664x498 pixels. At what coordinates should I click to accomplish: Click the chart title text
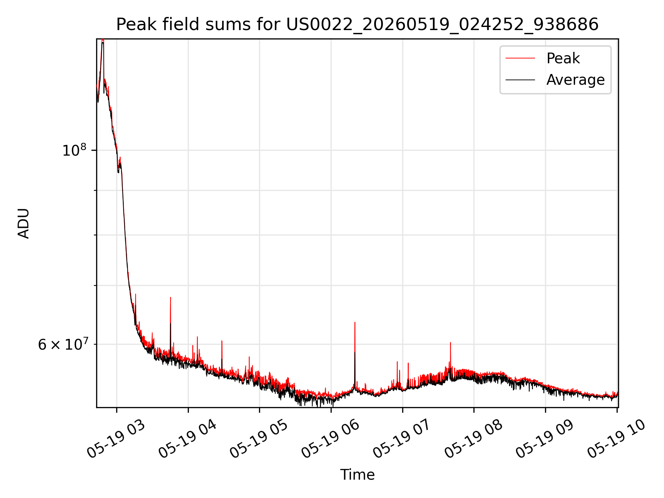(x=357, y=25)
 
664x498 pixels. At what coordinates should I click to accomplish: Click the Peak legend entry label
(x=563, y=58)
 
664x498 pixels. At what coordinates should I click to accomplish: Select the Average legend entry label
(x=575, y=80)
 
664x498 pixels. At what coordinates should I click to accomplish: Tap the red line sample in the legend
(x=520, y=58)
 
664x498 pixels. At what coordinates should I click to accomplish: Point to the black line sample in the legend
(x=520, y=80)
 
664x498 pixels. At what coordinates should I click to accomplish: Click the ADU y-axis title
(x=24, y=223)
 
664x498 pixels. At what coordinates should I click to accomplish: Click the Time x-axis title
(x=357, y=475)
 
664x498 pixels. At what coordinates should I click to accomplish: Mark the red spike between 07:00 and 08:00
(x=450, y=356)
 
